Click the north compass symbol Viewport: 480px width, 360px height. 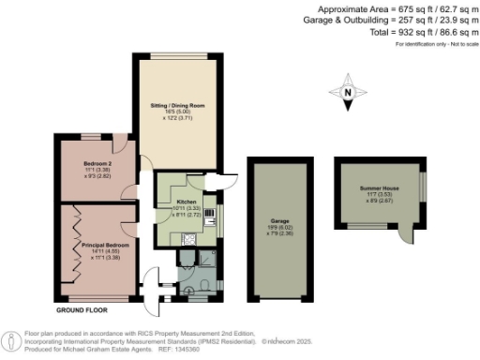(347, 93)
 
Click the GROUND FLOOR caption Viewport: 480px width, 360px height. (81, 308)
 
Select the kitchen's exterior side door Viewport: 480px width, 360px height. (224, 183)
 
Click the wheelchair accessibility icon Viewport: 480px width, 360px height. (9, 339)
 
